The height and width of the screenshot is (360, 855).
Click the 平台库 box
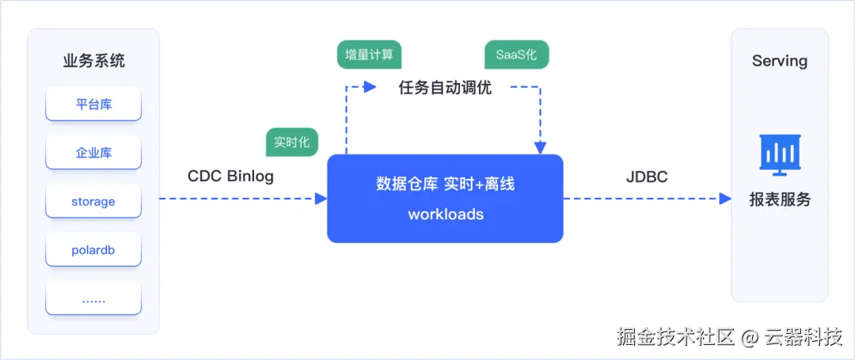[x=93, y=104]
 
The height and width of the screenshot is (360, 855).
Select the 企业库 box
[x=93, y=153]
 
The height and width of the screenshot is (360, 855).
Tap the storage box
[x=93, y=202]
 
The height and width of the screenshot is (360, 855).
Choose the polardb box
[x=93, y=250]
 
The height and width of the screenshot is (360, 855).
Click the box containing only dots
[x=93, y=299]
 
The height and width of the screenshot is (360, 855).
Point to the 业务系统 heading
[x=93, y=60]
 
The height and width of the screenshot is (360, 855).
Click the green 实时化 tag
[x=291, y=142]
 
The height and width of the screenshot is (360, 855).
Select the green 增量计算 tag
[x=370, y=55]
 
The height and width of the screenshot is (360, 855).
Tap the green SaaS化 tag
[x=516, y=55]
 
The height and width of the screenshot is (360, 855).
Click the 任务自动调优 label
[x=445, y=88]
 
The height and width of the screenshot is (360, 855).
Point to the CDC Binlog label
[x=230, y=176]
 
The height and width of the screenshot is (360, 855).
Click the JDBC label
[x=647, y=176]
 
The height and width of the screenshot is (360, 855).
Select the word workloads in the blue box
[x=446, y=214]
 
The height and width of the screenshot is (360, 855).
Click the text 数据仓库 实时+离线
[x=446, y=184]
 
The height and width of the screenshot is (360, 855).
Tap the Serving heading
[x=780, y=60]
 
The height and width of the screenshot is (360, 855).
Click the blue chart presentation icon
[x=780, y=155]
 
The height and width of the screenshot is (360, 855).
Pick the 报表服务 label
[x=780, y=199]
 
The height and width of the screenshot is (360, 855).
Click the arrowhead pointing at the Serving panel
[x=725, y=199]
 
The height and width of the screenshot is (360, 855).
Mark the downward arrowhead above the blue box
[x=540, y=148]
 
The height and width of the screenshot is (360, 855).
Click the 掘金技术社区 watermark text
[x=676, y=337]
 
